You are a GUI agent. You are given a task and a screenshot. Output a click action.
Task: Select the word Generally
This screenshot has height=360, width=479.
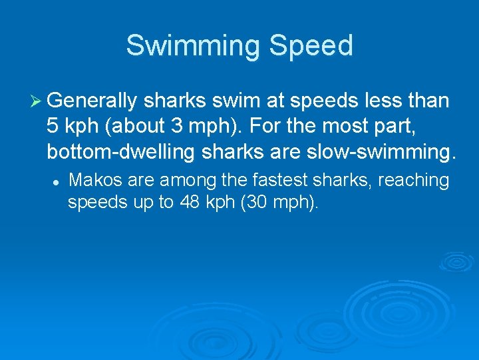pyautogui.click(x=92, y=102)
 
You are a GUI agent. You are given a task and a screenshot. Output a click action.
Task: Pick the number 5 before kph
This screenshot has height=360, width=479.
pyautogui.click(x=53, y=127)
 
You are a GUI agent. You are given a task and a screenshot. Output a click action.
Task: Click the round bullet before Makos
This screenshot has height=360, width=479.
pyautogui.click(x=59, y=181)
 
